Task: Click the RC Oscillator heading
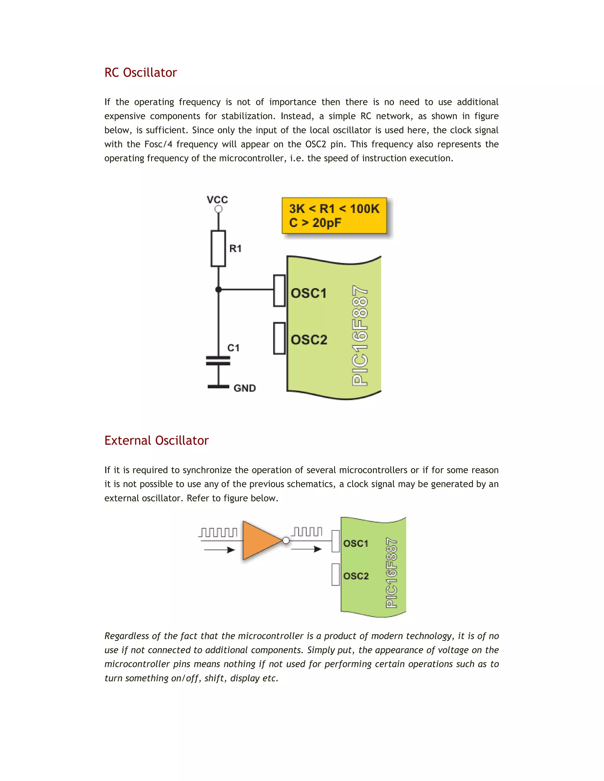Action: click(140, 73)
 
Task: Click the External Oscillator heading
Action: click(156, 440)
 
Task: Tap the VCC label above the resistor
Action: click(217, 200)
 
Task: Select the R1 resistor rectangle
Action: click(218, 248)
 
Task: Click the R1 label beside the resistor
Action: click(235, 248)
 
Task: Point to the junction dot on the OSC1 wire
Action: click(219, 290)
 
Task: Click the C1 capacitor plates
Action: click(218, 360)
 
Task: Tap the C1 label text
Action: click(234, 348)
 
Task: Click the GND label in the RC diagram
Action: click(245, 388)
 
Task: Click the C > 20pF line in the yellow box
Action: click(315, 223)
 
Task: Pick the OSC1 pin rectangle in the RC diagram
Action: click(280, 291)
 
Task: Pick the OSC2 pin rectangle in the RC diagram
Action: click(280, 338)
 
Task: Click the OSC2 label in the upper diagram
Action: click(309, 340)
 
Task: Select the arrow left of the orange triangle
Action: click(219, 550)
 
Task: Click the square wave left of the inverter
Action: click(218, 533)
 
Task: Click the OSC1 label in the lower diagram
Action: click(356, 543)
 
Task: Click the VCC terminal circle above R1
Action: click(218, 209)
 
